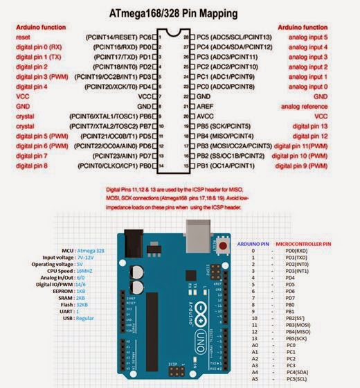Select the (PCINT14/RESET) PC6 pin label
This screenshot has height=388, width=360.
(x=118, y=35)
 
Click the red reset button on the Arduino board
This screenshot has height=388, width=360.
(x=223, y=244)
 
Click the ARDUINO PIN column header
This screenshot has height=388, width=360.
(x=254, y=245)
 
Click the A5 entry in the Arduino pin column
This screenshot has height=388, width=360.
(x=254, y=379)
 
